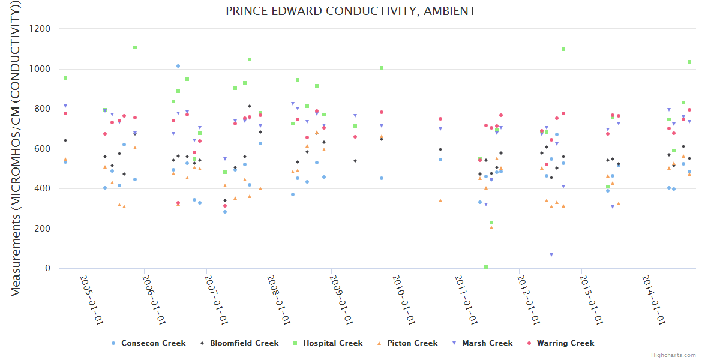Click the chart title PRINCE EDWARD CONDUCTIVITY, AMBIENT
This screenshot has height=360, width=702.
coord(350,11)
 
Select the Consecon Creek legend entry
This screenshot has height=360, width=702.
coord(153,343)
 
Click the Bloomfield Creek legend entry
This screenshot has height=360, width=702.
coord(244,343)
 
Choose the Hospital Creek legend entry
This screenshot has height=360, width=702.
coord(332,343)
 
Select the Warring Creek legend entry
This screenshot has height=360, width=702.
coord(566,343)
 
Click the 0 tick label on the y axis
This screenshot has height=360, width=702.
coord(47,268)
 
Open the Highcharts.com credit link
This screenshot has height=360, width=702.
coord(673,355)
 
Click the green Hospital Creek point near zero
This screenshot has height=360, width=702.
coord(486,267)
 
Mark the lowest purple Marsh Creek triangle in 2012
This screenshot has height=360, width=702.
coord(551,255)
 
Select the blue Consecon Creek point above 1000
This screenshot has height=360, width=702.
coord(178,66)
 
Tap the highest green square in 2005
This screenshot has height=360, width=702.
coord(135,47)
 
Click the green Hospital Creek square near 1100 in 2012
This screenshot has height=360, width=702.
coord(563,49)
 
